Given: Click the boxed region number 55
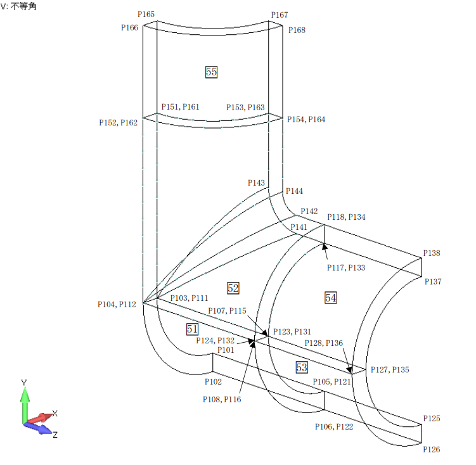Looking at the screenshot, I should [211, 72].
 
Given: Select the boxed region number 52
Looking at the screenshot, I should [233, 288].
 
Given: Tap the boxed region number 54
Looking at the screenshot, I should [331, 297].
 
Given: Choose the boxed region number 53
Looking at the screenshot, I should [302, 367].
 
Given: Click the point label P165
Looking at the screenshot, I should [146, 14].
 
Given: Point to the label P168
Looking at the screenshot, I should [297, 30].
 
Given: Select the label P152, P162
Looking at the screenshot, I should [118, 122].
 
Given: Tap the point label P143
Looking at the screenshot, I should [256, 182].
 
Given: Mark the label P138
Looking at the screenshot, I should [432, 253].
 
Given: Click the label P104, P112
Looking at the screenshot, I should [117, 304].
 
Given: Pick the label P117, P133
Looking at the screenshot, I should [346, 267].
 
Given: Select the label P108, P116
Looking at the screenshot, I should [222, 399].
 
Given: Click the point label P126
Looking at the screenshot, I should [432, 449].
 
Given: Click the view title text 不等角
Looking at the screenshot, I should [24, 6].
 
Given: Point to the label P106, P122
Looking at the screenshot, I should [334, 426].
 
